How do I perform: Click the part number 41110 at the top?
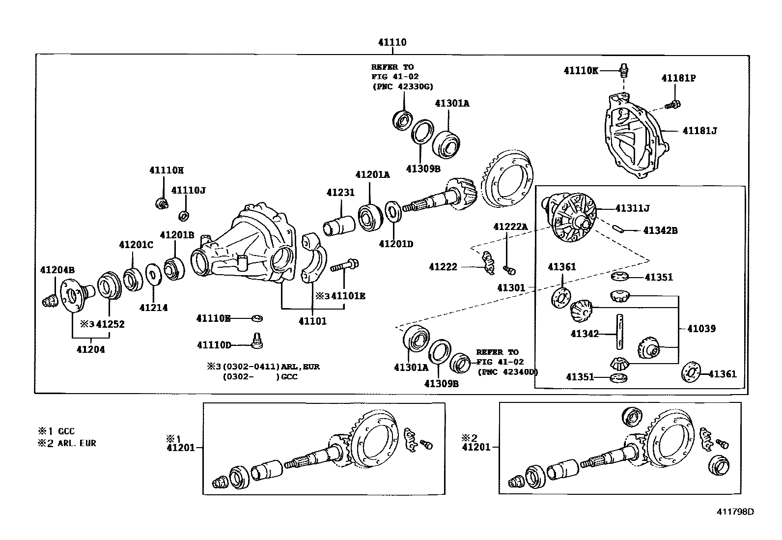(392, 43)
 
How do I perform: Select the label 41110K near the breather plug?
(581, 71)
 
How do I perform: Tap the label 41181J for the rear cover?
(699, 131)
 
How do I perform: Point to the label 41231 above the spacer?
(340, 193)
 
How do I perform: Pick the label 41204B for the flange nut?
(57, 270)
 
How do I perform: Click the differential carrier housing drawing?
(246, 246)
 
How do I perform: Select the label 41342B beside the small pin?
(660, 230)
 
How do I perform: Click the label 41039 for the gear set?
(701, 329)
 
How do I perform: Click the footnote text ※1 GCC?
(56, 431)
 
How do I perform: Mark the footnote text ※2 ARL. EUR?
(67, 443)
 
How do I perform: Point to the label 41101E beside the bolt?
(348, 296)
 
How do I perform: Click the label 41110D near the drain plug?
(214, 345)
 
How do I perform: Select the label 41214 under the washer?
(153, 308)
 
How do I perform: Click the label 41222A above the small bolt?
(510, 227)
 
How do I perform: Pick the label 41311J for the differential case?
(632, 208)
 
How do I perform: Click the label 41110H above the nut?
(166, 171)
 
